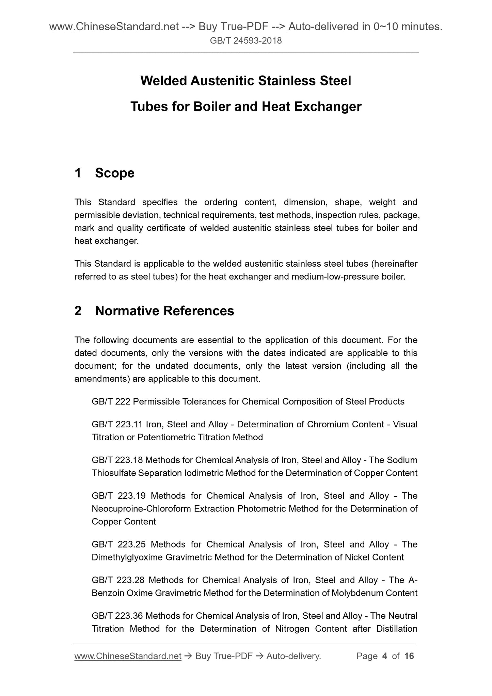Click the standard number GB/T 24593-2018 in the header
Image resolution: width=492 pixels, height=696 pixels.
[x=246, y=41]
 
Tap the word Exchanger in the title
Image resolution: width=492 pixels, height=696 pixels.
[x=327, y=107]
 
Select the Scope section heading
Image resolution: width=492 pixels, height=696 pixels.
[x=115, y=173]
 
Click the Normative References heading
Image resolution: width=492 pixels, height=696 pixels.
[x=164, y=311]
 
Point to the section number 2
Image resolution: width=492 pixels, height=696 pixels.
[x=78, y=311]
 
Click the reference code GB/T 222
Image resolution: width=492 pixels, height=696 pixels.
[x=111, y=402]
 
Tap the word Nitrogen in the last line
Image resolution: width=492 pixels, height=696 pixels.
[x=292, y=629]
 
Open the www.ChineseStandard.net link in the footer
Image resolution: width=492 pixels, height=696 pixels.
[x=128, y=656]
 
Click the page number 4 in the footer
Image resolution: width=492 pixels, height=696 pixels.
[x=385, y=656]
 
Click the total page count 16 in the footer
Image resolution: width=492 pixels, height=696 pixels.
[x=409, y=656]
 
